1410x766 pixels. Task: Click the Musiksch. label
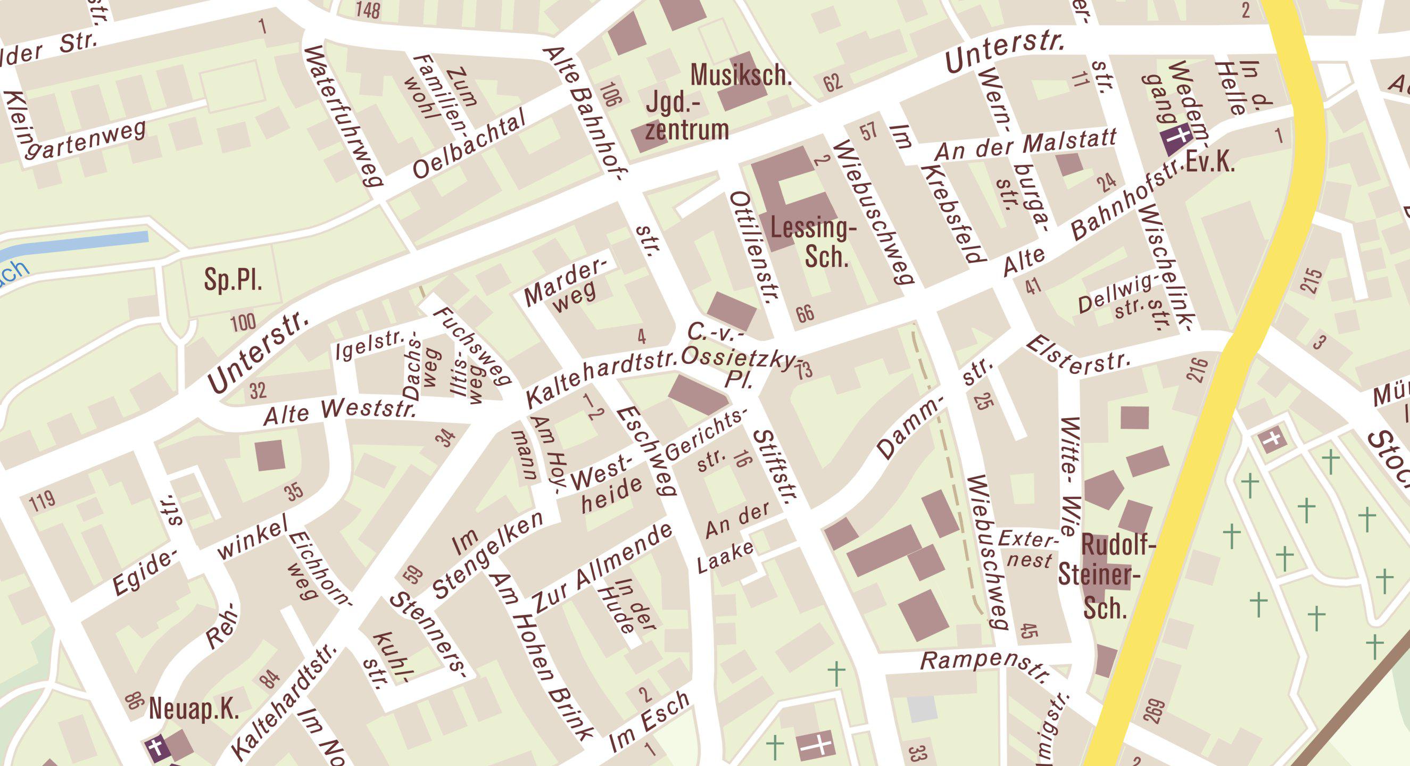tap(741, 75)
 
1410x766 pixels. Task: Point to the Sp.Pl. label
tap(233, 280)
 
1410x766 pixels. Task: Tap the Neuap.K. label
tap(194, 710)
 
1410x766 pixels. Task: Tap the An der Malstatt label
tap(1025, 146)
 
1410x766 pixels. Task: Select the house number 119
tap(43, 500)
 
